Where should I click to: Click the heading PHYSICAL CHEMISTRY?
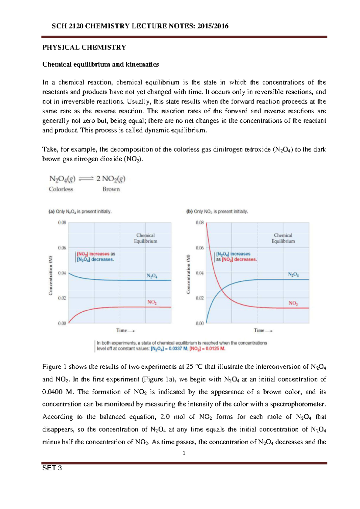coord(84,47)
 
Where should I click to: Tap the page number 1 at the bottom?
coord(184,453)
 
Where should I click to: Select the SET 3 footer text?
coord(52,468)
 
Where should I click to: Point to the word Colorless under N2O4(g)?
coord(61,189)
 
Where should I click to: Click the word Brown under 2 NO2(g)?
coord(111,189)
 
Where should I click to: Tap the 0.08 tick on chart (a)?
coord(62,222)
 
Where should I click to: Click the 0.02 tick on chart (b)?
coord(199,298)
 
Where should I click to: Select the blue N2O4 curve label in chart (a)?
coord(152,276)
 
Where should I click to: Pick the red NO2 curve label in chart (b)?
coord(293,303)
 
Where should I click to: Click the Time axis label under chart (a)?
coord(125,330)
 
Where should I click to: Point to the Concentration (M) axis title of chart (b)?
coord(188,274)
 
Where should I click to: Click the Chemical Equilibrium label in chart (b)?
coord(283,238)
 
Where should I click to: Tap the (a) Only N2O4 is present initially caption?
coord(80,211)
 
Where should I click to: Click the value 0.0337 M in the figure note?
coord(175,349)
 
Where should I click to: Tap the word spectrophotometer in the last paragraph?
coord(297,404)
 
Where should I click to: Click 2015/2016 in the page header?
coord(213,26)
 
